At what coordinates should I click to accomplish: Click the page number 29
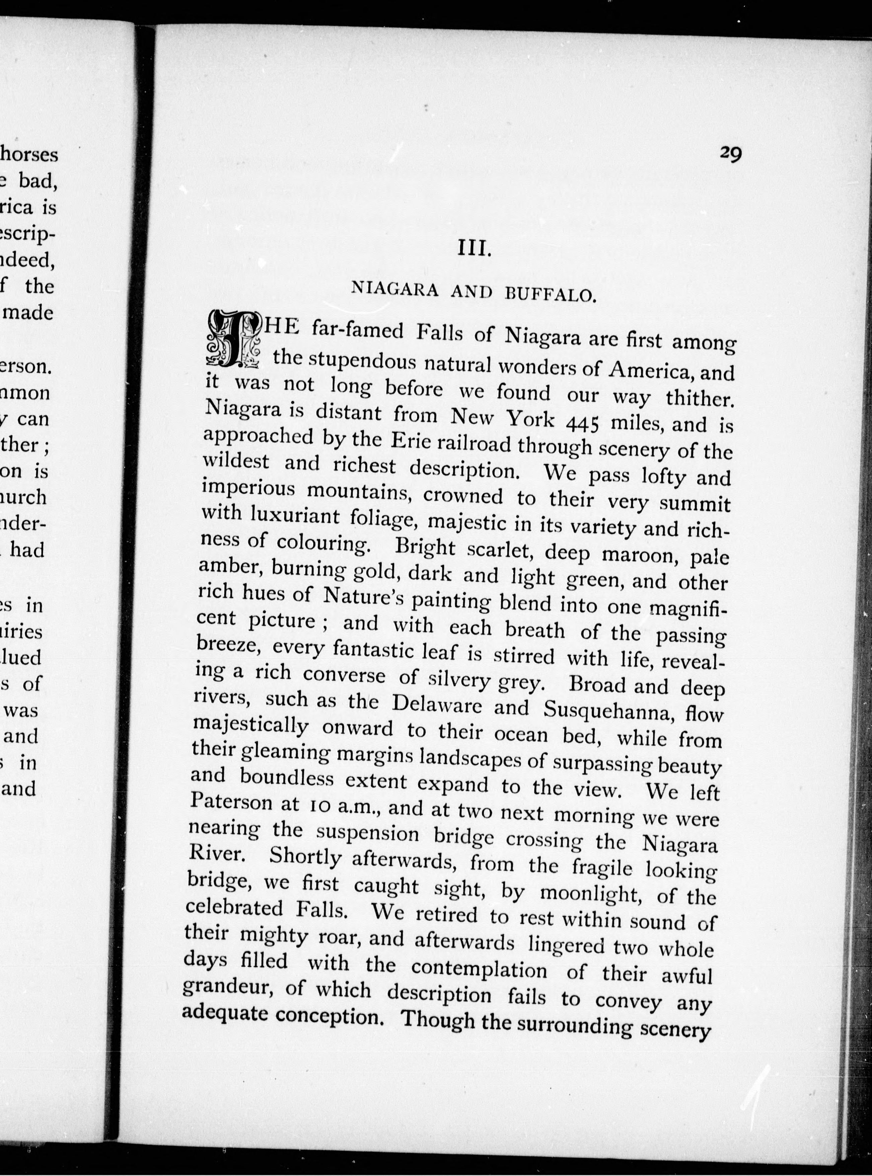pos(731,154)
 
